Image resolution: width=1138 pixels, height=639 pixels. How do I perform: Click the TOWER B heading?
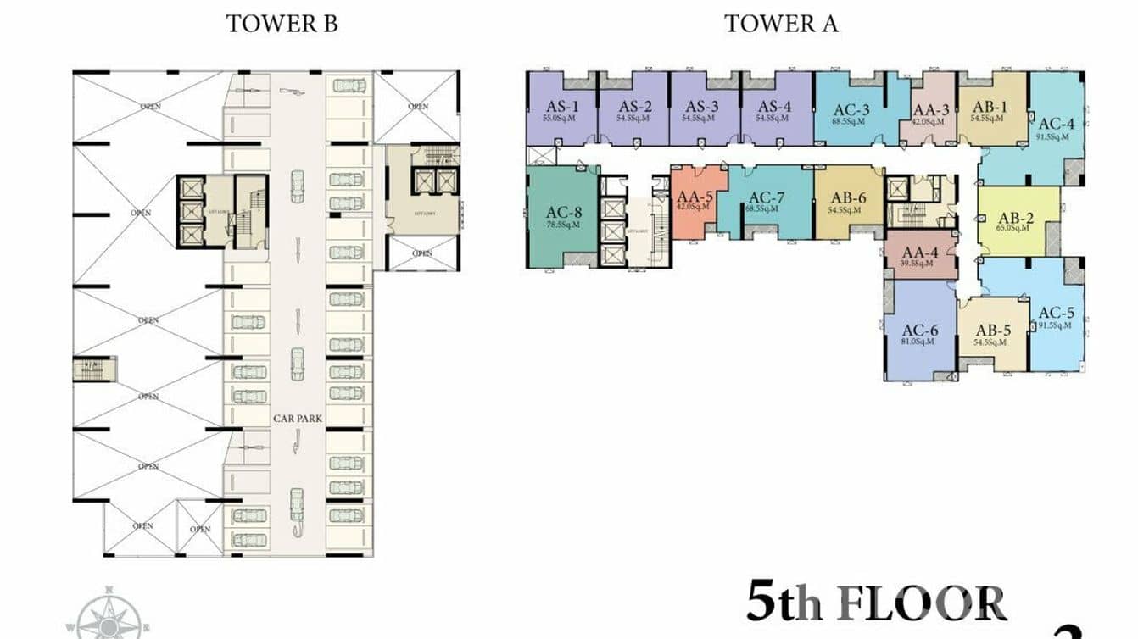[x=282, y=24]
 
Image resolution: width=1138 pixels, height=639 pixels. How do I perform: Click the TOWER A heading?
[x=780, y=24]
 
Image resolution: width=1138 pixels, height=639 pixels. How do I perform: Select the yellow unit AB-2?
[x=1018, y=220]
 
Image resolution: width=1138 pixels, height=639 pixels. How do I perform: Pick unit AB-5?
[x=991, y=335]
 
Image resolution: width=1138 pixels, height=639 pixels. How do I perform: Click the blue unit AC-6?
[x=919, y=334]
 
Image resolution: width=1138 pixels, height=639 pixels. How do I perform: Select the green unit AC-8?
[x=563, y=217]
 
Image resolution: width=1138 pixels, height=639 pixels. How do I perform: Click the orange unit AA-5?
[x=695, y=201]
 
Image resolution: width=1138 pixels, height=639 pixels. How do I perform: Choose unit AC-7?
[x=766, y=202]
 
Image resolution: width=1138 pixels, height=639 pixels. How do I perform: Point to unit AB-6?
[x=848, y=202]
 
